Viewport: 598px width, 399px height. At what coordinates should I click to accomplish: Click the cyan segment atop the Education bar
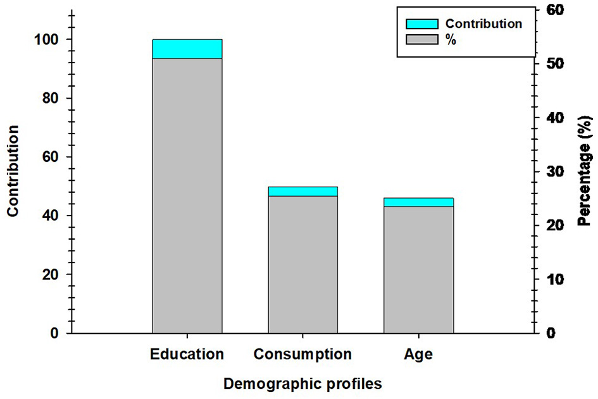tap(187, 49)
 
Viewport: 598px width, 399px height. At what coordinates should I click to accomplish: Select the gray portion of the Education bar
tap(187, 196)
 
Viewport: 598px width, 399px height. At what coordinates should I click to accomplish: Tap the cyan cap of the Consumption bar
tap(302, 191)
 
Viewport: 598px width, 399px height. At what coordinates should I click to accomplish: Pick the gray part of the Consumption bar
tap(302, 264)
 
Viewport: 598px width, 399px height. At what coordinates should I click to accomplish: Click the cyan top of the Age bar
tap(418, 202)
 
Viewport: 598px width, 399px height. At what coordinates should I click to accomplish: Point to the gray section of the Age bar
tap(418, 269)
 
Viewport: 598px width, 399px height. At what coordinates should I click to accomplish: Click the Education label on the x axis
tap(187, 354)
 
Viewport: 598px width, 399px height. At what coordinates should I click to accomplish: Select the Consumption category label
tap(302, 354)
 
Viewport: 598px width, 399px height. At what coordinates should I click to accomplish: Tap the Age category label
tap(418, 354)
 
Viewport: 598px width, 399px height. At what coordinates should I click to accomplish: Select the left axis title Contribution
tap(13, 171)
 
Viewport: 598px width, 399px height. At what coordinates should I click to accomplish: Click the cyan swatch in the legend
tap(421, 23)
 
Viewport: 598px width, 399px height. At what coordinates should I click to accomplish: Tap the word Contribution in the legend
tap(483, 23)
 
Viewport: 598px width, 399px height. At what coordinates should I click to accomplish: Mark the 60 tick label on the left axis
tap(54, 157)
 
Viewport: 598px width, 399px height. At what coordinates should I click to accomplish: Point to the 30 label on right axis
tap(547, 172)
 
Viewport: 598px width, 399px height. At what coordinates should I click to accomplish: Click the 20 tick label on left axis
tap(54, 275)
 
